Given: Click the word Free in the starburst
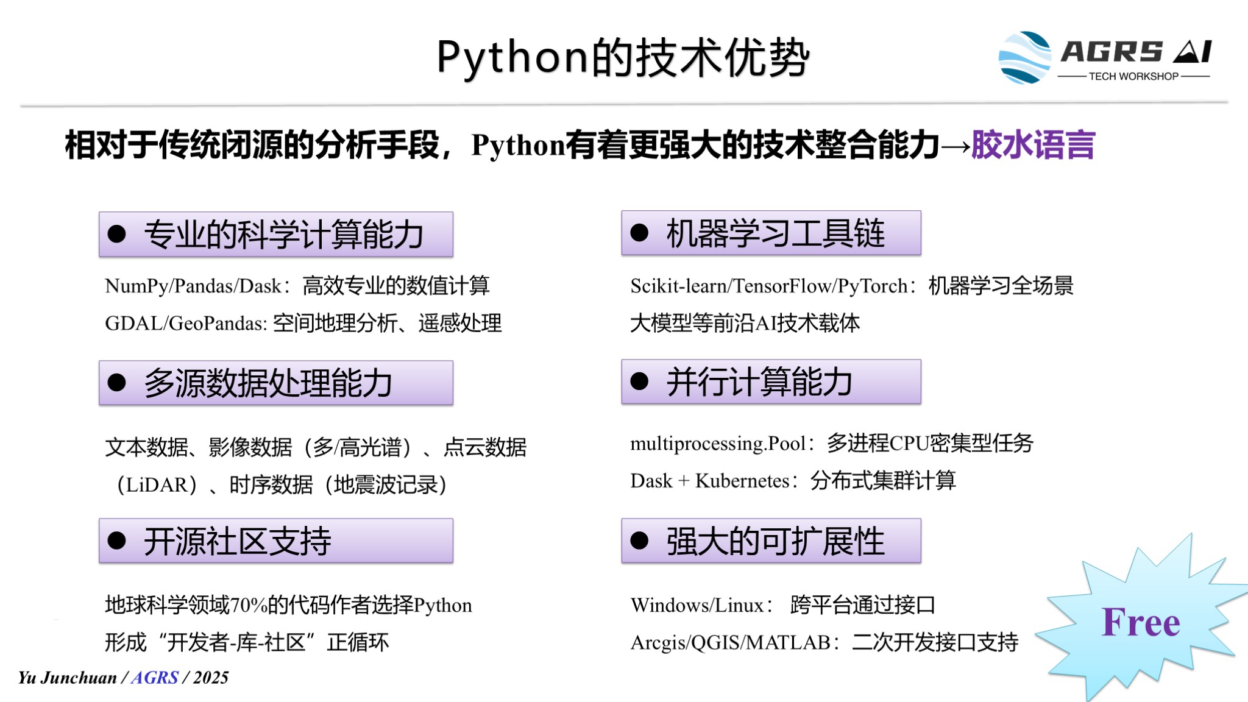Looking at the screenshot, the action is (1141, 622).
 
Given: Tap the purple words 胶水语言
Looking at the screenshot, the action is (1033, 145).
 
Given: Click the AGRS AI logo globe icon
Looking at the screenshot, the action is (1025, 57).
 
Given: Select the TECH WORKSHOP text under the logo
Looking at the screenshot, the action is (1133, 76).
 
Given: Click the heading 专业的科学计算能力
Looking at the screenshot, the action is (283, 235).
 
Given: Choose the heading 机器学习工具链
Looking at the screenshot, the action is (775, 233).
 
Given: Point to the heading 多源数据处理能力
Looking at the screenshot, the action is (268, 383).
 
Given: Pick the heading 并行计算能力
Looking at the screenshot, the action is (759, 382).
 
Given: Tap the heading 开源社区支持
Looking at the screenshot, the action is (237, 541).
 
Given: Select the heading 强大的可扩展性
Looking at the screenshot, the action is (775, 541).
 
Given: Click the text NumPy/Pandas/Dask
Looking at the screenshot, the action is (193, 286).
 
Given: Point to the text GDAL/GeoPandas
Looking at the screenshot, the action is (185, 323).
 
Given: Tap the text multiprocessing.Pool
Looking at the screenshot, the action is (718, 444).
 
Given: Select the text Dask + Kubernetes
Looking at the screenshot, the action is (710, 481).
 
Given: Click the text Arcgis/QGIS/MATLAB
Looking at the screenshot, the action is (730, 642).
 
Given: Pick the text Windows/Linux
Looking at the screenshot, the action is (697, 605).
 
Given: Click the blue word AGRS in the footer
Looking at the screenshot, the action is (155, 678).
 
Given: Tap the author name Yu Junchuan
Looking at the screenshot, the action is (67, 678).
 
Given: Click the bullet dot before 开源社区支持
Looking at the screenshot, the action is (116, 541).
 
